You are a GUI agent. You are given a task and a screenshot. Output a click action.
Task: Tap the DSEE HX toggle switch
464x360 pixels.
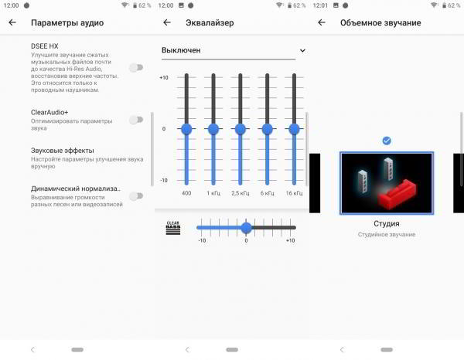[x=136, y=68]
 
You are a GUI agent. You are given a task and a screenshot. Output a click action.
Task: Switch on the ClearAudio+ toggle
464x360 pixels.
[x=136, y=120]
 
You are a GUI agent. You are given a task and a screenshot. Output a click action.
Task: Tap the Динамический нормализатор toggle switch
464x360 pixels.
[x=136, y=195]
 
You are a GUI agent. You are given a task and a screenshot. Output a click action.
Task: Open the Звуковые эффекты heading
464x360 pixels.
[x=63, y=151]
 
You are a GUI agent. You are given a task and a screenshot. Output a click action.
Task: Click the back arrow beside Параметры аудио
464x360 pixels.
[x=12, y=22]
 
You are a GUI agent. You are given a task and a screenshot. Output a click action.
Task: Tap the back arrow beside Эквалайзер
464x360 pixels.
[x=167, y=22]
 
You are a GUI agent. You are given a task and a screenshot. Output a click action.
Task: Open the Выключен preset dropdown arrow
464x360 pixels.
[x=302, y=50]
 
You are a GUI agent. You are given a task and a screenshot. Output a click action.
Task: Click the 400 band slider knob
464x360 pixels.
[x=186, y=129]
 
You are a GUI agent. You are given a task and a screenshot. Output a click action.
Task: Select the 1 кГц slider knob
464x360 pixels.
[x=213, y=129]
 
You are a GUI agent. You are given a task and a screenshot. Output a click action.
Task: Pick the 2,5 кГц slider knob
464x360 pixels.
[x=241, y=129]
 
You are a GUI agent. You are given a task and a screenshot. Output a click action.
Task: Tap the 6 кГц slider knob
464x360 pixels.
[x=268, y=129]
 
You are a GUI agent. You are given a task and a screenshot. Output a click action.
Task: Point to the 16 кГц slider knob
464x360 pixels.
[x=294, y=129]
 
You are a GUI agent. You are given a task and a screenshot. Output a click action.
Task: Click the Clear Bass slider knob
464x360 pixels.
[x=246, y=228]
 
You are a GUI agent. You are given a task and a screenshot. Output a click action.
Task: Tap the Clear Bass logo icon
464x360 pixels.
[x=173, y=228]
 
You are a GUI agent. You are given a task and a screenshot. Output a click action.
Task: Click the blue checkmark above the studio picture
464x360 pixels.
[x=387, y=141]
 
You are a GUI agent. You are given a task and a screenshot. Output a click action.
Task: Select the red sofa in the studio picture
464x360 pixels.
[x=397, y=194]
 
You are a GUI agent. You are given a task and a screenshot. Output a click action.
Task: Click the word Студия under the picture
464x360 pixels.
[x=387, y=223]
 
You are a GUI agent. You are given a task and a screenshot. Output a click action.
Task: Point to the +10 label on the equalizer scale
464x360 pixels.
[x=164, y=78]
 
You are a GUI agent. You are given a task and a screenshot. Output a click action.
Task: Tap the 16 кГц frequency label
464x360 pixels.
[x=294, y=193]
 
